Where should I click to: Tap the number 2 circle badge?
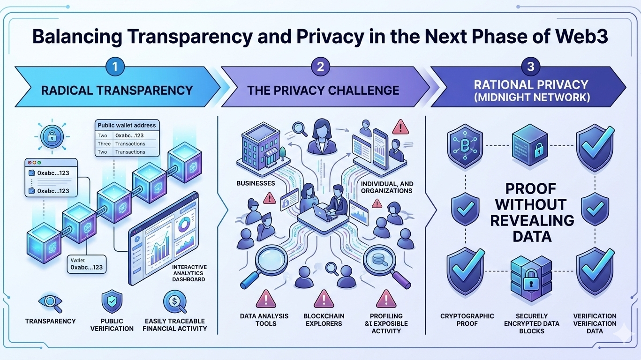320,67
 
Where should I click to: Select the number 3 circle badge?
530,67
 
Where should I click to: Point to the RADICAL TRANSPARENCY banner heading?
117,90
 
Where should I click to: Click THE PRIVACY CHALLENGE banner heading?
324,90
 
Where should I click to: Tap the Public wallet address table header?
127,126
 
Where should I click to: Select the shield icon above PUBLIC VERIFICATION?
112,301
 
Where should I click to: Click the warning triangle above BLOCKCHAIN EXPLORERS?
324,299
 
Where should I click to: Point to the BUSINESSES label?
256,183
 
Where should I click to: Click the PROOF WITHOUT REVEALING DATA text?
532,212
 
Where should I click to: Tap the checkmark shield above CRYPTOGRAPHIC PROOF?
465,272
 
